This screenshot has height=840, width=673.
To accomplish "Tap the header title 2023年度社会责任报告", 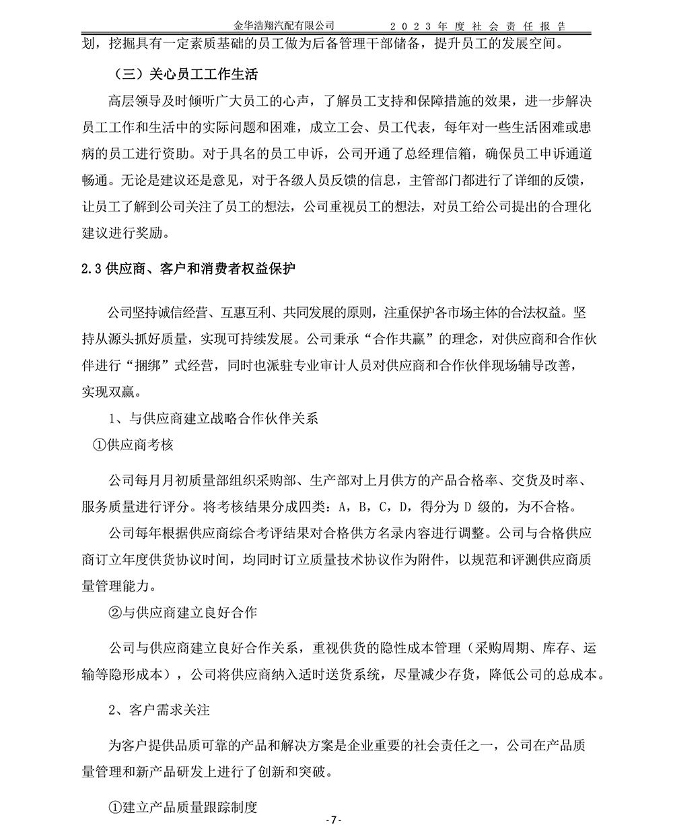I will pyautogui.click(x=478, y=26).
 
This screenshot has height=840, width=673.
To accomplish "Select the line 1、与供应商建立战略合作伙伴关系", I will pyautogui.click(x=213, y=418).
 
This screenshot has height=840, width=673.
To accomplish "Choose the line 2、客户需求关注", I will pyautogui.click(x=160, y=709).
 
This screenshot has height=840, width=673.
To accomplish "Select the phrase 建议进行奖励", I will pyautogui.click(x=121, y=233).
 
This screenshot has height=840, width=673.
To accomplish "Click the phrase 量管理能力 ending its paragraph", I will pyautogui.click(x=114, y=585).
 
